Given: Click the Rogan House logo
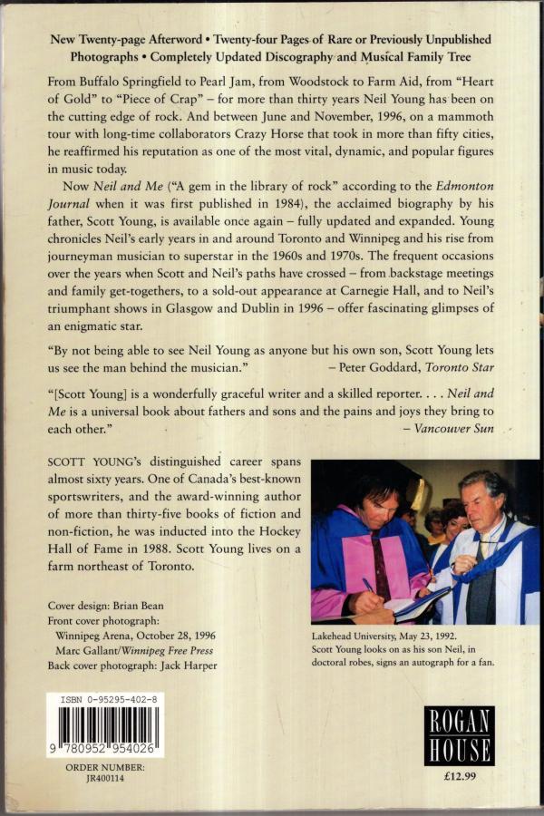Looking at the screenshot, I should click(459, 734).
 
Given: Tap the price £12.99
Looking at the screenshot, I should click(459, 776).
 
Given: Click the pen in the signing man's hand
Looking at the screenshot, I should click(369, 586).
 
